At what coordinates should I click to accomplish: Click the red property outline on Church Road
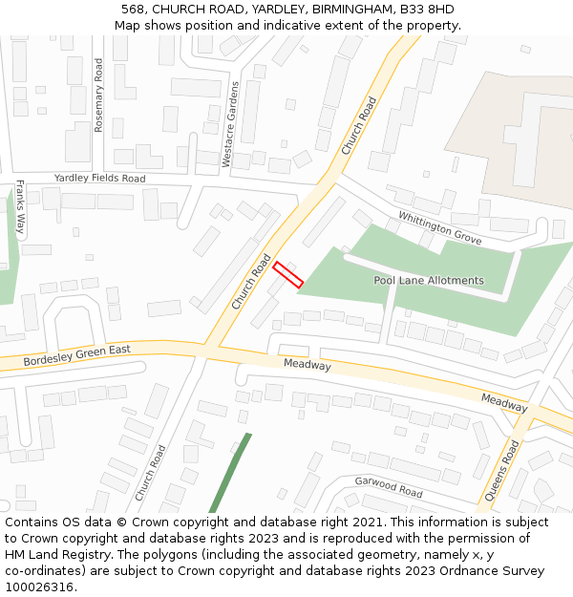[288, 276]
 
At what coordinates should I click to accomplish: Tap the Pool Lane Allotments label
[428, 281]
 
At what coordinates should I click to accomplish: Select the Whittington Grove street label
[440, 228]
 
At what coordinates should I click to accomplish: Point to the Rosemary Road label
[98, 94]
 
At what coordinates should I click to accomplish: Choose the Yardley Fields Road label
[99, 179]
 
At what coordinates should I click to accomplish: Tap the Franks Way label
[20, 208]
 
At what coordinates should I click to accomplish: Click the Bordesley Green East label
[77, 354]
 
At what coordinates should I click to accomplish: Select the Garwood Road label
[388, 487]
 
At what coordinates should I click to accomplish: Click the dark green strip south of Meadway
[230, 473]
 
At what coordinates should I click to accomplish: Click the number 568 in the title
[134, 10]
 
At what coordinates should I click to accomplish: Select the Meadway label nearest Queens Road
[504, 403]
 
